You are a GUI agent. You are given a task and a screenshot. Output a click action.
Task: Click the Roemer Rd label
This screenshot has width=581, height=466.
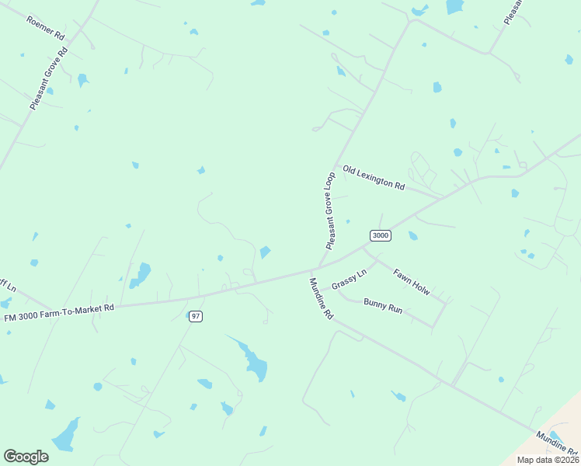pos(44,27)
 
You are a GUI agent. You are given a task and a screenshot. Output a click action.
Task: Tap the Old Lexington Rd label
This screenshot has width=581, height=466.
pos(374,178)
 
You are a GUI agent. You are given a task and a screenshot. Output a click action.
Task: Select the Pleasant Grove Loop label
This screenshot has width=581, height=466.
pos(330,210)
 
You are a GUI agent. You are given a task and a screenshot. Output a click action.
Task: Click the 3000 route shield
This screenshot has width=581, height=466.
pos(380,235)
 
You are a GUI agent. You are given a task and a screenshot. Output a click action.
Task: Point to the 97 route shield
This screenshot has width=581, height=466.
pos(195,316)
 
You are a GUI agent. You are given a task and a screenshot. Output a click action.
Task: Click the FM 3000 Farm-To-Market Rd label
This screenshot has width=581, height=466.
pos(59,312)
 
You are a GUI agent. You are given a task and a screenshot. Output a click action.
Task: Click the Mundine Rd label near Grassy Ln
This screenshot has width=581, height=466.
pos(321,299)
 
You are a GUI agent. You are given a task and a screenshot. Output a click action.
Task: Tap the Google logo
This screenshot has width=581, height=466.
pos(26,456)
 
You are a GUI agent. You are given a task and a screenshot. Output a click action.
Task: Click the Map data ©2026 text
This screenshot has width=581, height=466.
pos(548,460)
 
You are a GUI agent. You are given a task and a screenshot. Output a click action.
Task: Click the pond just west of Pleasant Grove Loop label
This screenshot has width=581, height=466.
pos(265,252)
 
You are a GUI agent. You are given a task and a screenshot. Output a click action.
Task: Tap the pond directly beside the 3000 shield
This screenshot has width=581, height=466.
pos(412,235)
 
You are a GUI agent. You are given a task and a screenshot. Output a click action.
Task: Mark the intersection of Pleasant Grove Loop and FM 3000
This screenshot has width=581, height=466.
pos(318,268)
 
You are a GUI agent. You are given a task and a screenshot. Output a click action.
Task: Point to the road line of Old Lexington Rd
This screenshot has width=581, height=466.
pos(423,191)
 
